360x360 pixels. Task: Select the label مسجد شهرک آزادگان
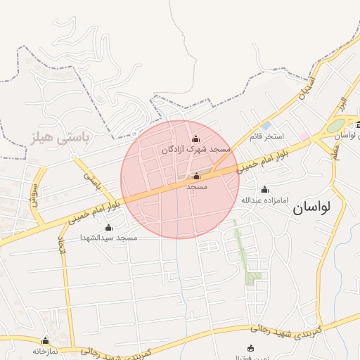pos(196,150)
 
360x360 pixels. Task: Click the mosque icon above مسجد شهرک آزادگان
pos(195,139)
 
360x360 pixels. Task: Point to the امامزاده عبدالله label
pos(265,200)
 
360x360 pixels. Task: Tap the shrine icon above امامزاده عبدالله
pos(264,189)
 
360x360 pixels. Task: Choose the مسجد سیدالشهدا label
pos(108,238)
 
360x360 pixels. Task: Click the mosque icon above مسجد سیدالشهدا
pos(108,227)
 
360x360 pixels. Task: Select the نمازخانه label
pos(44,350)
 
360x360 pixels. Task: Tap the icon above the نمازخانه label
pos(46,340)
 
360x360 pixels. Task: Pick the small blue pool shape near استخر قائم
pos(266,125)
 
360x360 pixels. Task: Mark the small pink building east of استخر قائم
pos(304,136)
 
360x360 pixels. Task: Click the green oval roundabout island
pos(337,126)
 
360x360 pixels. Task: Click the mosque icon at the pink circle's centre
pos(196,176)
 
